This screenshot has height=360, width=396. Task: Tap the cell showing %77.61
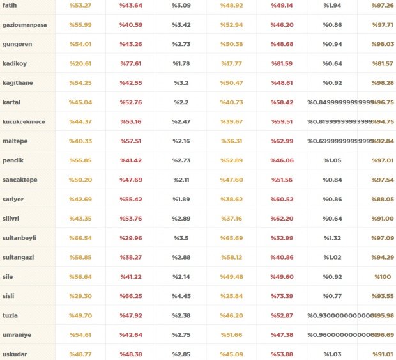click(131, 63)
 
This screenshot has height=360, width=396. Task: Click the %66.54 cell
click(80, 238)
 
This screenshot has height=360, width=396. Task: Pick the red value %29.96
click(131, 238)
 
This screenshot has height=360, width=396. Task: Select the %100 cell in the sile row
click(383, 277)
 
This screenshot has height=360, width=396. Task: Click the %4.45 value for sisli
click(181, 296)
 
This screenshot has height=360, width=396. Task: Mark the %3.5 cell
click(181, 238)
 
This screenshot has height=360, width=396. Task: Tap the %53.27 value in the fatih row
click(80, 5)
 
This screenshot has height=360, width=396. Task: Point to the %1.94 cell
click(332, 5)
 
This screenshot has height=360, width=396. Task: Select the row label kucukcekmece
click(24, 121)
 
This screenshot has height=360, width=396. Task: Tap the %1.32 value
click(332, 238)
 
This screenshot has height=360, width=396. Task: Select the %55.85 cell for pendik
click(80, 160)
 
